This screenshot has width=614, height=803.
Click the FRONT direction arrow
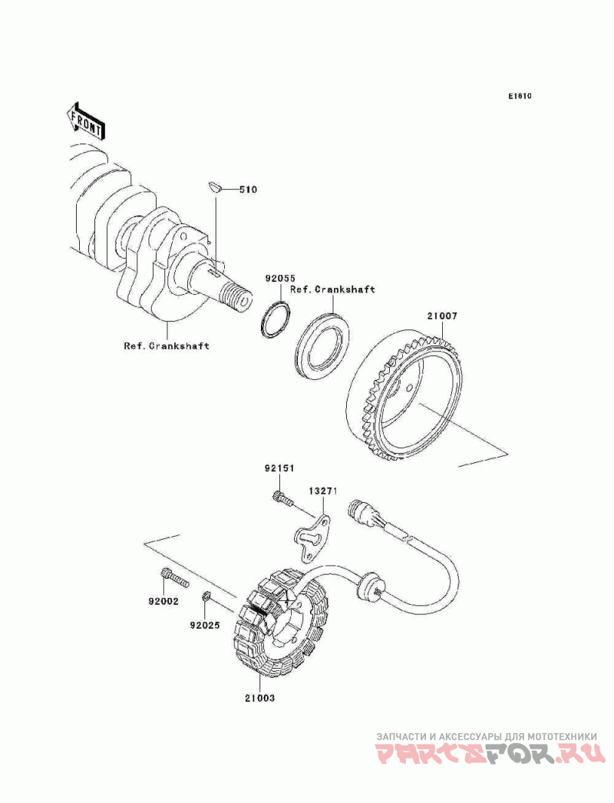[x=85, y=121]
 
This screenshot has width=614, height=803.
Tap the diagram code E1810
[x=519, y=97]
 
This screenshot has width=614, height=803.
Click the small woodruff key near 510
[x=215, y=186]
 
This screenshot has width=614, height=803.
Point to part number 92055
[x=280, y=279]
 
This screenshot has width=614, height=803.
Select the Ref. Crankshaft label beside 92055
[x=333, y=289]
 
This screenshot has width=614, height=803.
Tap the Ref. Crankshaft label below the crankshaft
[x=167, y=345]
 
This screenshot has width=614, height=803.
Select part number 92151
[x=280, y=468]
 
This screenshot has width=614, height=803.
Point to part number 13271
[x=323, y=490]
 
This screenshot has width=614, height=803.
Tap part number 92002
[x=163, y=601]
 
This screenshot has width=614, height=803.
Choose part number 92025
[x=206, y=625]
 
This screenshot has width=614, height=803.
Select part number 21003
[x=259, y=699]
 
